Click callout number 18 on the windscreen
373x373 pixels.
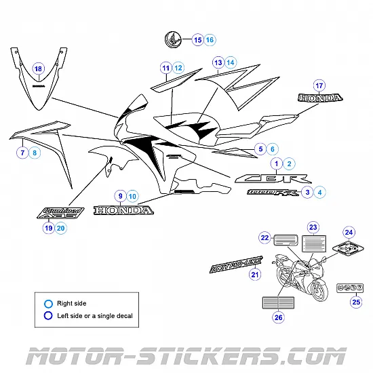(x=38, y=68)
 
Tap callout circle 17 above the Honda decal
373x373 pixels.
(x=319, y=85)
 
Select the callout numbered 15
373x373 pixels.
(x=198, y=40)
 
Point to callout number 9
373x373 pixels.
(x=120, y=196)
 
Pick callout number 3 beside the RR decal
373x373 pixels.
(x=307, y=193)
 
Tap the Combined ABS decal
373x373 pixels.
(x=60, y=212)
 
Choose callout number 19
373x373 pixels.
(x=48, y=229)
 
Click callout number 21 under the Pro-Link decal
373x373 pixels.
(x=255, y=275)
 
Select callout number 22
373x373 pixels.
(x=264, y=237)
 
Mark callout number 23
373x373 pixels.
(x=313, y=227)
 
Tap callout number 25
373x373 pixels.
(x=356, y=302)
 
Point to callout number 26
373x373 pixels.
(x=278, y=317)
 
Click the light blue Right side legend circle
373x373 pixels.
(x=48, y=303)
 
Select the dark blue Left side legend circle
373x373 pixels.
(x=48, y=315)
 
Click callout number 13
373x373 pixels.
(x=218, y=62)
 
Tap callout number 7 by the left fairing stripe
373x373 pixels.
(x=22, y=153)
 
